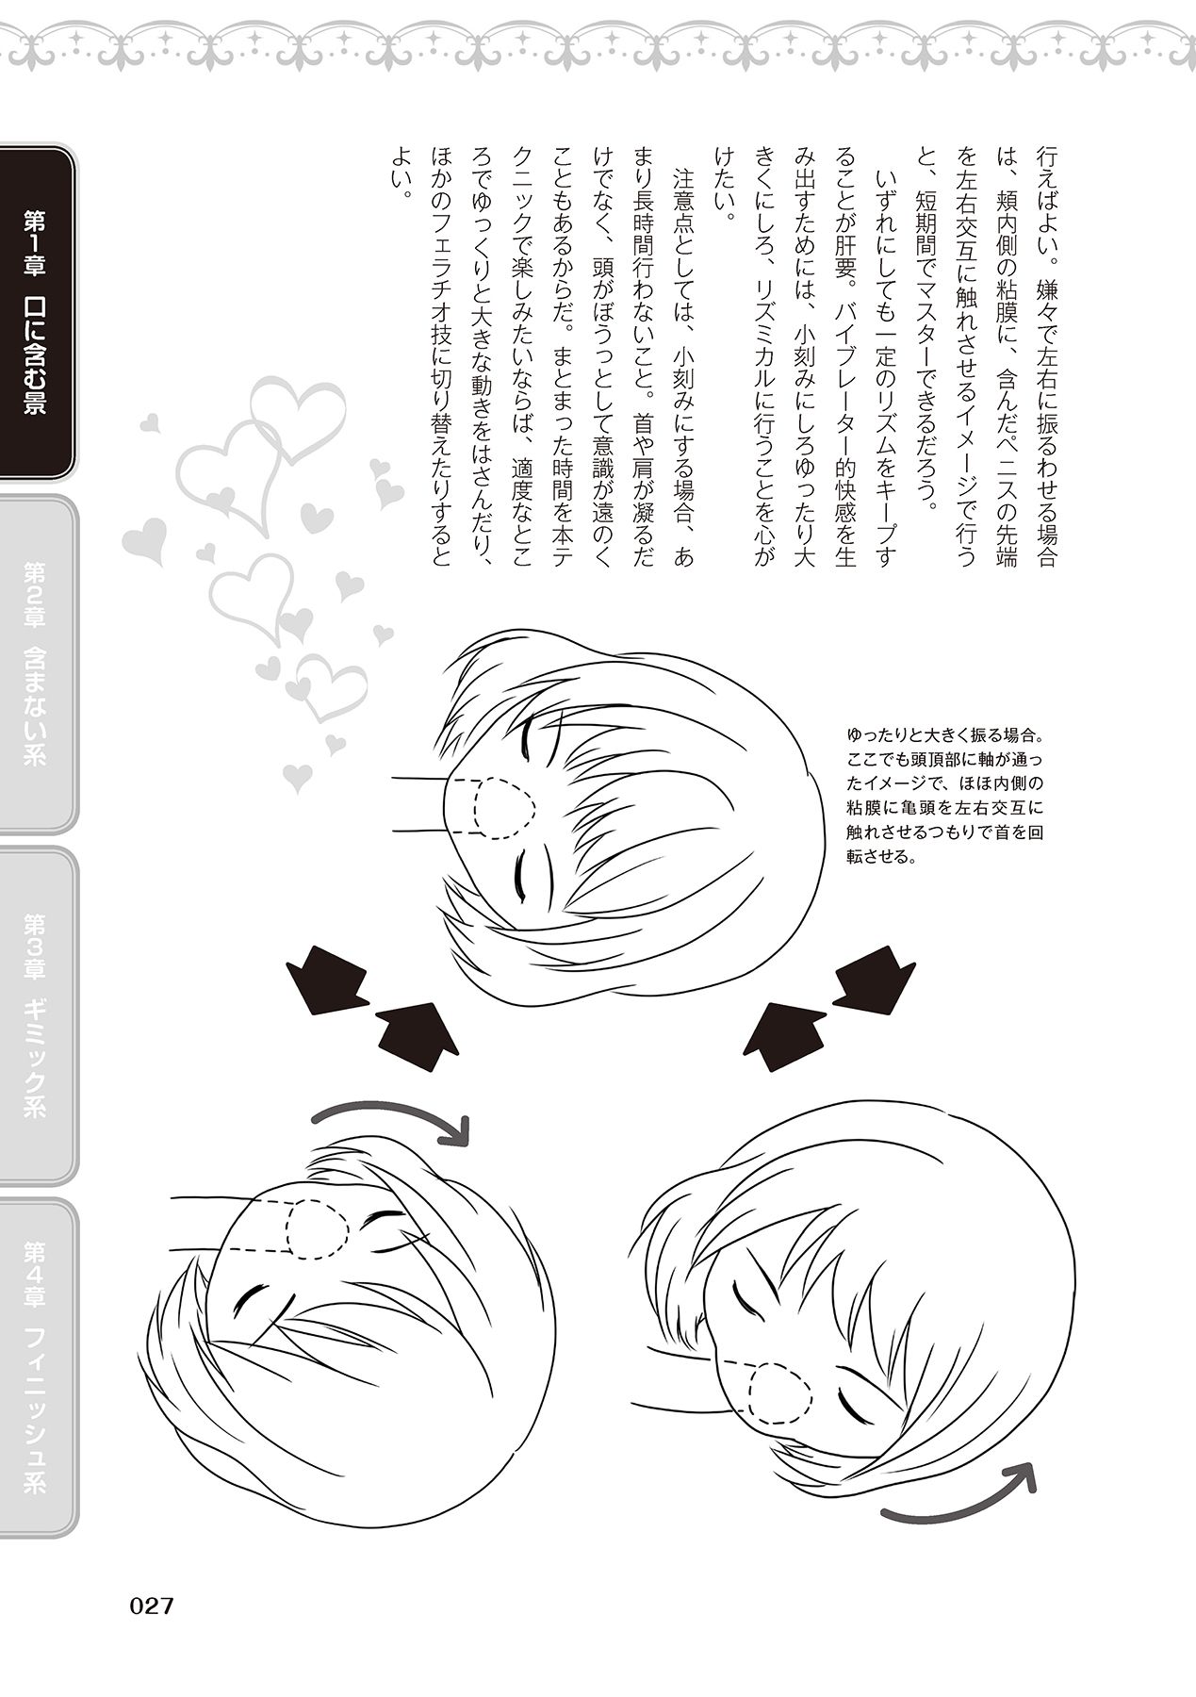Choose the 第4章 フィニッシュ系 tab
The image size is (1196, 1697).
(37, 1366)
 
